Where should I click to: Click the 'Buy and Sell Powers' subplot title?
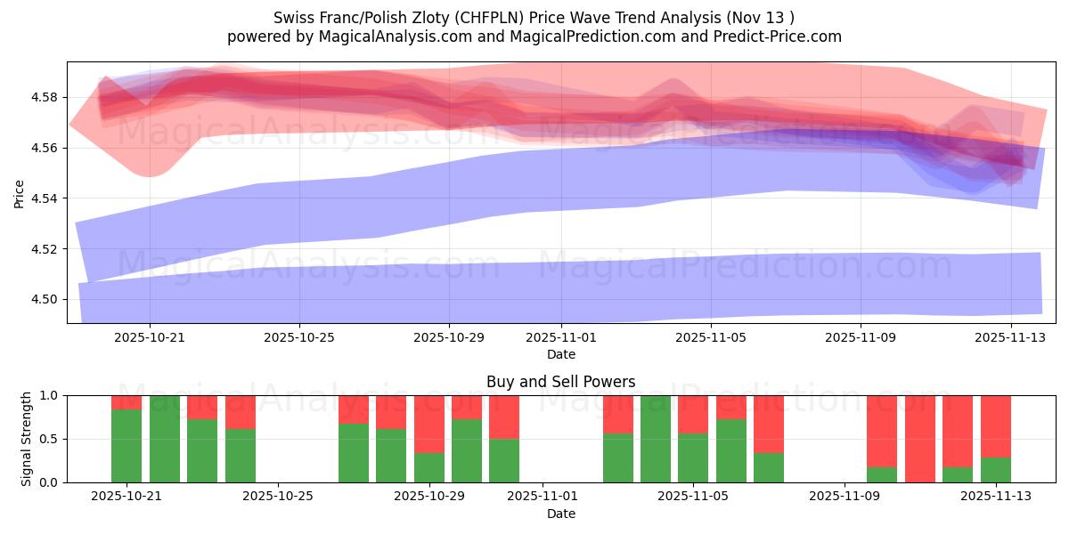click(560, 382)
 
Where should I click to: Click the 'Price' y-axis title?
click(20, 193)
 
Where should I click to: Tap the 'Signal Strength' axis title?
click(27, 439)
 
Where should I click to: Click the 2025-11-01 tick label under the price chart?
click(561, 337)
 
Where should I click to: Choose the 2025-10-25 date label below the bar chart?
click(279, 497)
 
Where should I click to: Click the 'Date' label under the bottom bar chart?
click(560, 514)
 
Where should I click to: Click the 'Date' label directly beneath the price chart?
click(560, 354)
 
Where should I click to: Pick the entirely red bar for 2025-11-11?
click(920, 439)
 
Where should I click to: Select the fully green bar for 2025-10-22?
click(165, 439)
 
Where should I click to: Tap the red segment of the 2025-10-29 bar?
click(429, 424)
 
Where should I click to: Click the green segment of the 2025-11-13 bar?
click(996, 470)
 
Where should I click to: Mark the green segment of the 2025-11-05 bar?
click(693, 458)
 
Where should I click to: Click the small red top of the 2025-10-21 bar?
click(126, 402)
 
